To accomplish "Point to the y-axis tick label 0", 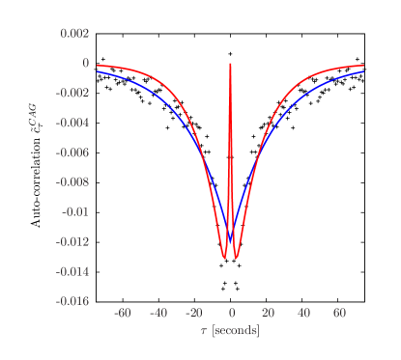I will (86, 63).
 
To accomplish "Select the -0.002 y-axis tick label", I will (72, 93).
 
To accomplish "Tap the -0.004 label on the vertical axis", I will (72, 123).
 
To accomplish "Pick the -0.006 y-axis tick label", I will (72, 152).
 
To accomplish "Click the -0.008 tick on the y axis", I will (72, 181).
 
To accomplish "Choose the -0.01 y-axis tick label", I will (75, 211).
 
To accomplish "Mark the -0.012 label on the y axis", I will (72, 241).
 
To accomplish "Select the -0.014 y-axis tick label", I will (72, 271).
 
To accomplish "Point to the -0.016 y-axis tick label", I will (72, 301).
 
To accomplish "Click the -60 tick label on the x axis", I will (122, 314).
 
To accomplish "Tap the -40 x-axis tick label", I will (158, 314).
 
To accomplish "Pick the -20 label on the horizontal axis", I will (193, 314).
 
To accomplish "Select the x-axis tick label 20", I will (268, 314).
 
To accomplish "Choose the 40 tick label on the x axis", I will (303, 314).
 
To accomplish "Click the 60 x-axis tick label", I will (339, 314).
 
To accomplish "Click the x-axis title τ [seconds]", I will (230, 331).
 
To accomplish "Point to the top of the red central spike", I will (231, 64).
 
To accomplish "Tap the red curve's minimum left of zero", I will (224, 259).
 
